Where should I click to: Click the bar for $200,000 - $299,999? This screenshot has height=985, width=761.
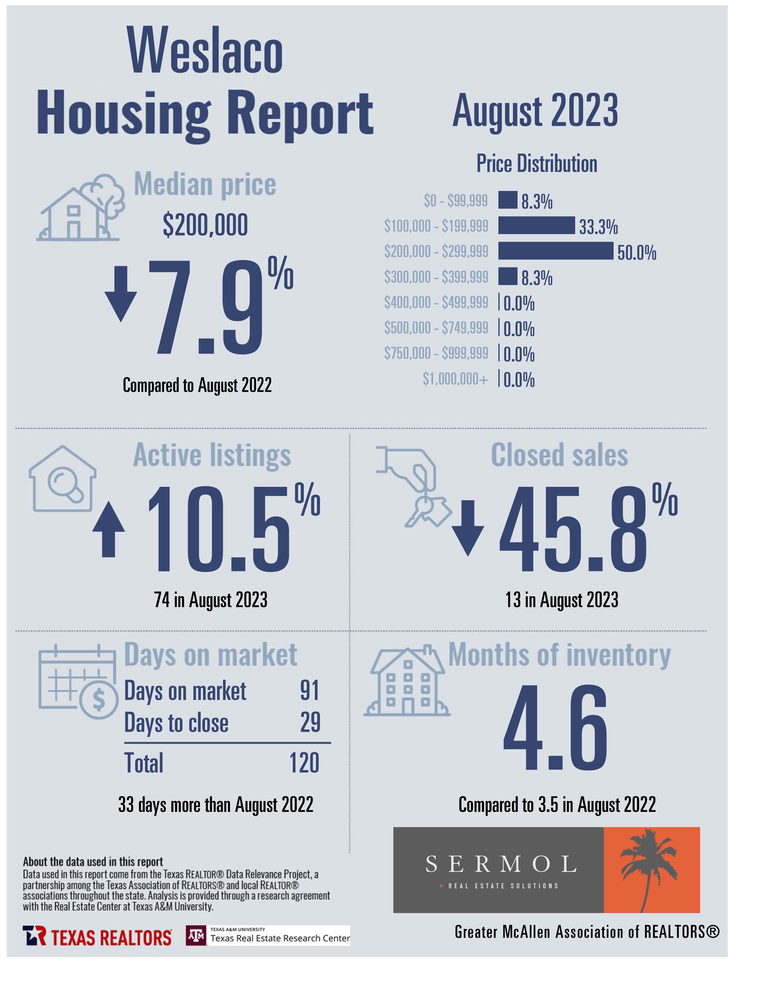pos(555,251)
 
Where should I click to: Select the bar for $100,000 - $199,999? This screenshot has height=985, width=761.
pos(537,225)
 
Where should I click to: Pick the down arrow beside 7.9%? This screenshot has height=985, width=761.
pos(121,294)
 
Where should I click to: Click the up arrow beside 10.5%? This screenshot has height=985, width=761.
pos(109,530)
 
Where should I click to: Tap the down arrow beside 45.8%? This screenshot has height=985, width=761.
pos(468,528)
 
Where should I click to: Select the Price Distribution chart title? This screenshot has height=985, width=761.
pos(537,163)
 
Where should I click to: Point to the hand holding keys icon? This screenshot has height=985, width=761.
pos(413,487)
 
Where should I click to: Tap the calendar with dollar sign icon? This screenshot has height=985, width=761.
pos(78,681)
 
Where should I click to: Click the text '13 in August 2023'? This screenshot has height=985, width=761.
pos(562,600)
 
